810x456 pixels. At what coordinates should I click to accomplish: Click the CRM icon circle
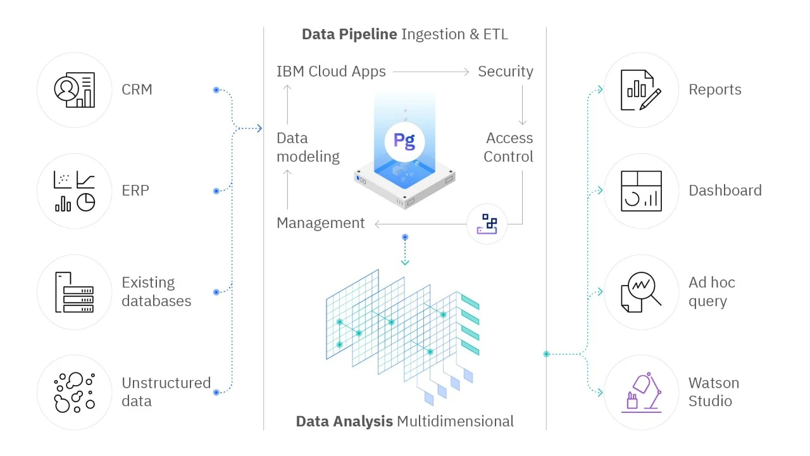tap(75, 90)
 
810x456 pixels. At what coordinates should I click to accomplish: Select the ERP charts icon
tap(75, 191)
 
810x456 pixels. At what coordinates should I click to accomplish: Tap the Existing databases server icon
tap(75, 292)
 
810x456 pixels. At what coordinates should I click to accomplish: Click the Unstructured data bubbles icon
tap(75, 392)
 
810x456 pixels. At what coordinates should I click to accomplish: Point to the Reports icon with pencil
tap(641, 90)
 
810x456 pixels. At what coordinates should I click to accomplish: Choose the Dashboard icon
tap(641, 191)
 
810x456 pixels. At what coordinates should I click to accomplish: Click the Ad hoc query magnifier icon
tap(641, 292)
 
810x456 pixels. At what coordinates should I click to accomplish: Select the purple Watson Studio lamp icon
tap(641, 392)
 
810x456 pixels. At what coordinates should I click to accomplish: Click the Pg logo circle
tap(404, 141)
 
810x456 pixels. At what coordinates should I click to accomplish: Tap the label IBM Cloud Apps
tap(331, 72)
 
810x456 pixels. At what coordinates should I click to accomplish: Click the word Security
tap(505, 72)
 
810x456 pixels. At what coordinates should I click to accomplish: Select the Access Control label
tap(509, 147)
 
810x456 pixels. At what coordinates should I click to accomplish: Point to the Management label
tap(320, 223)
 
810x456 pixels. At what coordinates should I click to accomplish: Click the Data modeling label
tap(308, 147)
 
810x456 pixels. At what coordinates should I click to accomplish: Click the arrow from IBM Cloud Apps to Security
tap(431, 72)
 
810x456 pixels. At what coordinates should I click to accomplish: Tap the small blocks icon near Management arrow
tap(487, 224)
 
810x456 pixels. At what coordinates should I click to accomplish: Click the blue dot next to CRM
tap(216, 90)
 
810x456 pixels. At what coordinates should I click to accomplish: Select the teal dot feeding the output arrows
tap(546, 354)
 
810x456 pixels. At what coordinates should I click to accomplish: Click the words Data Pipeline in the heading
tap(349, 34)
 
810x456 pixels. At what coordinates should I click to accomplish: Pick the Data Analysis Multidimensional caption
tap(404, 421)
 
